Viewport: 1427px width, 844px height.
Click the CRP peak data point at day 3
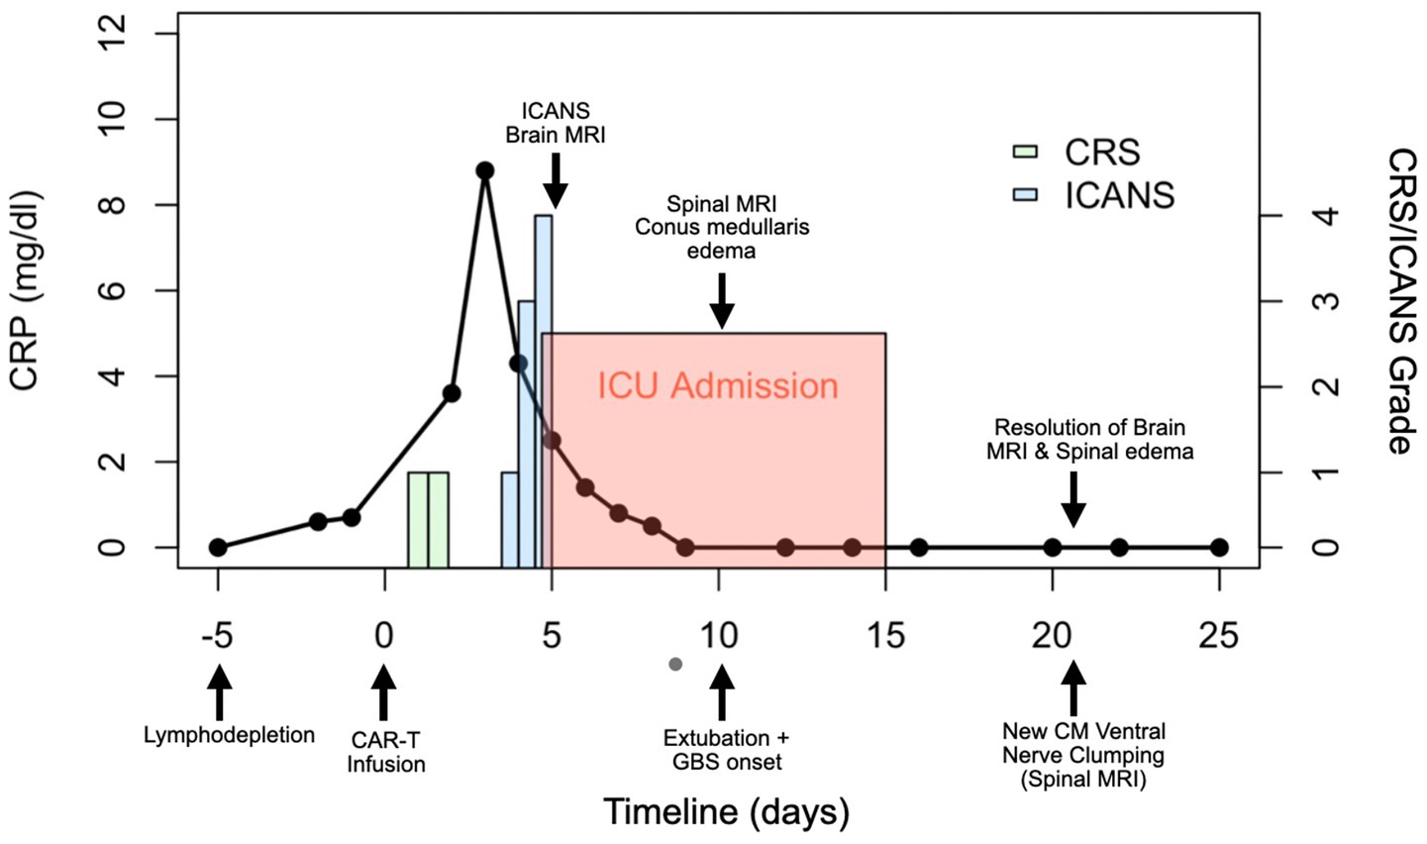point(484,170)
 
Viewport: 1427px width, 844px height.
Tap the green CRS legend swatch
point(1023,152)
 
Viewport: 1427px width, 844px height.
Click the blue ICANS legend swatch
point(1023,194)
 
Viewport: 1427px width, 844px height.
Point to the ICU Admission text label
point(717,385)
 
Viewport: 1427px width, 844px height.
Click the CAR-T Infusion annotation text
point(385,752)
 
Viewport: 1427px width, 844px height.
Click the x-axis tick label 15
point(885,635)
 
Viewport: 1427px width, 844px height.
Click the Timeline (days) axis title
point(726,811)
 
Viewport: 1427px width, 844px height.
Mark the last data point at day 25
point(1219,548)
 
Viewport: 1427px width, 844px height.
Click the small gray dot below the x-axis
point(675,664)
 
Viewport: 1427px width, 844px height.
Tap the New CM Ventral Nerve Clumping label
point(1083,755)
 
